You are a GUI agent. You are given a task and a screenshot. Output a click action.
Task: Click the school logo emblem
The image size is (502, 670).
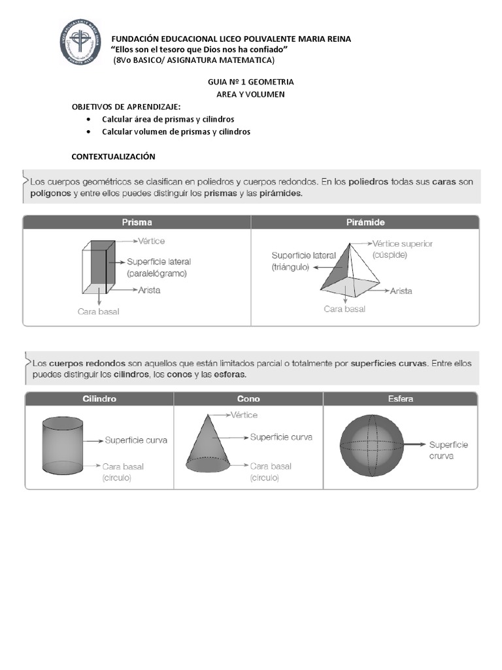pyautogui.click(x=81, y=42)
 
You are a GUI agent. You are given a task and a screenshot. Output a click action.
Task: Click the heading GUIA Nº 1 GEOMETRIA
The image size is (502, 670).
pyautogui.click(x=250, y=82)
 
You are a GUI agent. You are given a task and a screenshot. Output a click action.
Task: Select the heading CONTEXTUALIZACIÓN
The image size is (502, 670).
pyautogui.click(x=113, y=156)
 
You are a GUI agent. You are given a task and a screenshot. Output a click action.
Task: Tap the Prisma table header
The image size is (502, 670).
pyautogui.click(x=137, y=222)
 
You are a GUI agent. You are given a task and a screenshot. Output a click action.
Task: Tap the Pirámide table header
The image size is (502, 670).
pyautogui.click(x=365, y=222)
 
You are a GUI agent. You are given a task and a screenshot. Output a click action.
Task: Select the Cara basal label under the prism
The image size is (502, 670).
pyautogui.click(x=99, y=311)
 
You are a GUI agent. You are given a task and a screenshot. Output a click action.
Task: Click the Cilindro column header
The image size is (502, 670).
pyautogui.click(x=99, y=398)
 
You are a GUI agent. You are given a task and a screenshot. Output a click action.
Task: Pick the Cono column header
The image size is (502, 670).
pyautogui.click(x=248, y=398)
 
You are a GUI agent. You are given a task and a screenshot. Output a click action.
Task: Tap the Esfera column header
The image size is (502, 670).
pyautogui.click(x=400, y=398)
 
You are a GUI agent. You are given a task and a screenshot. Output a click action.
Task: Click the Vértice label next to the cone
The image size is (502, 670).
pyautogui.click(x=244, y=415)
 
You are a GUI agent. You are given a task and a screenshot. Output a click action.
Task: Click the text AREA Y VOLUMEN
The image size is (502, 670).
pyautogui.click(x=250, y=95)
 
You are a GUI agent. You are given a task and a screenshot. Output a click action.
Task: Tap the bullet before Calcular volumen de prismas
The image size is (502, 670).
pyautogui.click(x=88, y=132)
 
